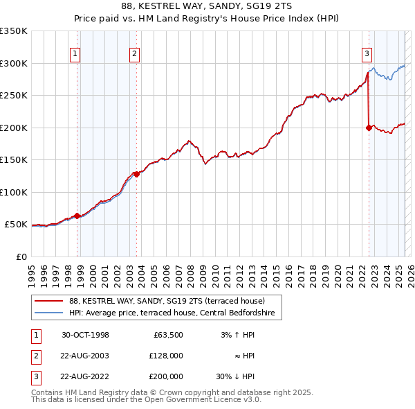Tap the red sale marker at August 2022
(x=368, y=128)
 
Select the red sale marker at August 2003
(x=137, y=175)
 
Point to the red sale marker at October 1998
(x=77, y=216)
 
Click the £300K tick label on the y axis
(x=15, y=63)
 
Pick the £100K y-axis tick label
(x=15, y=192)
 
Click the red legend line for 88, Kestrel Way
(x=48, y=301)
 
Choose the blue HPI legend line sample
(x=48, y=313)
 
